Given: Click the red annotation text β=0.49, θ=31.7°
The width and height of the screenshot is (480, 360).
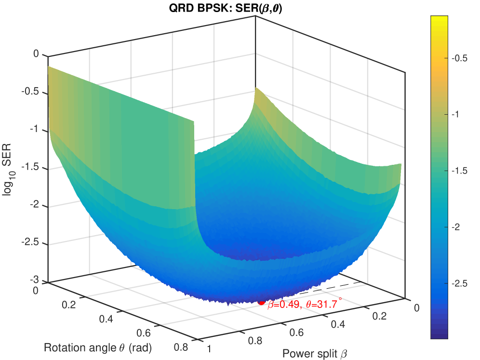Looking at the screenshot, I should (305, 304).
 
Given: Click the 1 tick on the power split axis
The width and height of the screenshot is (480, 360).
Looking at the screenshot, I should (209, 348).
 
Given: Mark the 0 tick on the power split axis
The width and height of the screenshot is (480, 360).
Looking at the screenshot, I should (418, 308).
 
